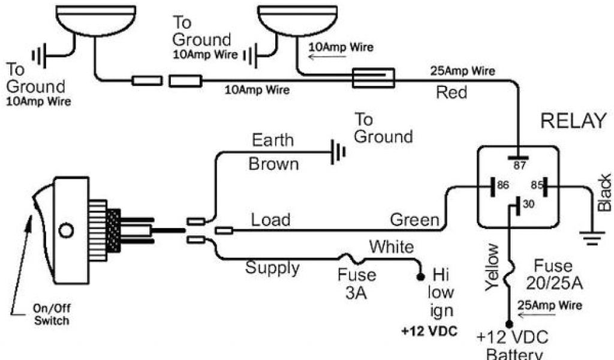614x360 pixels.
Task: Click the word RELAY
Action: pyautogui.click(x=574, y=121)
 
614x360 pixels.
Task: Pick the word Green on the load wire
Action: pyautogui.click(x=414, y=220)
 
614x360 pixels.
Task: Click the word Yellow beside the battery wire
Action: pyautogui.click(x=493, y=268)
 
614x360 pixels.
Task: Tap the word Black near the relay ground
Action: pyautogui.click(x=604, y=192)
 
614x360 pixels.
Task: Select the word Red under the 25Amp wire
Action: pyautogui.click(x=452, y=92)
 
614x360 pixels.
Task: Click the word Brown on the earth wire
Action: pyautogui.click(x=273, y=163)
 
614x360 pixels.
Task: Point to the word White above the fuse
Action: pyautogui.click(x=391, y=247)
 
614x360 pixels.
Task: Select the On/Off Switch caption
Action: pyautogui.click(x=51, y=316)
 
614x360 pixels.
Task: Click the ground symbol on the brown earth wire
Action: pyautogui.click(x=338, y=153)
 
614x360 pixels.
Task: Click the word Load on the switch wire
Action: pyautogui.click(x=270, y=220)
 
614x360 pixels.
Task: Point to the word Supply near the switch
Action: pyautogui.click(x=272, y=267)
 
